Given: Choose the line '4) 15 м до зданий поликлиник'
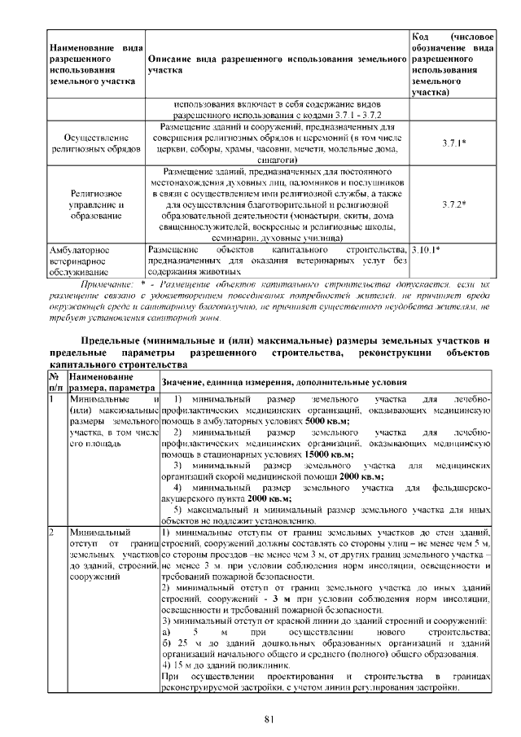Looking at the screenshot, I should (215, 667).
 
